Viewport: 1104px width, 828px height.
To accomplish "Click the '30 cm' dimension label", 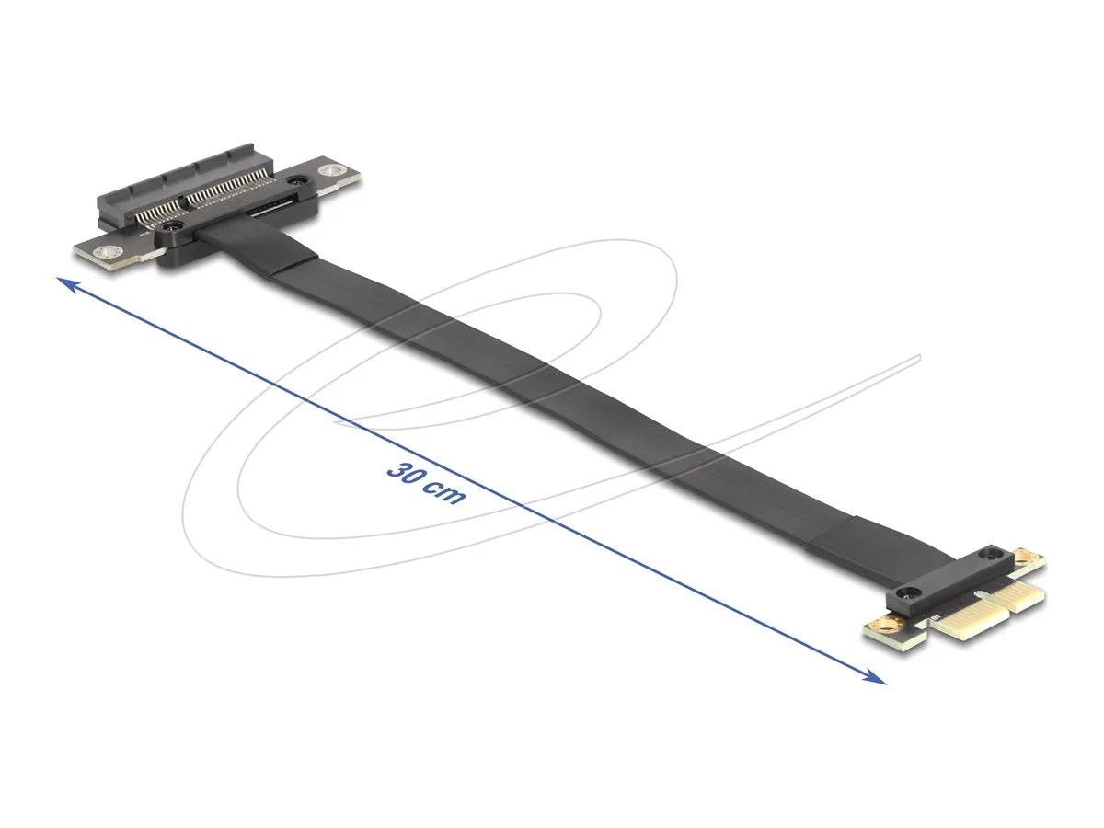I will click(426, 481).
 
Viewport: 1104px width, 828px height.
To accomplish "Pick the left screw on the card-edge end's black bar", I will click(910, 592).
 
